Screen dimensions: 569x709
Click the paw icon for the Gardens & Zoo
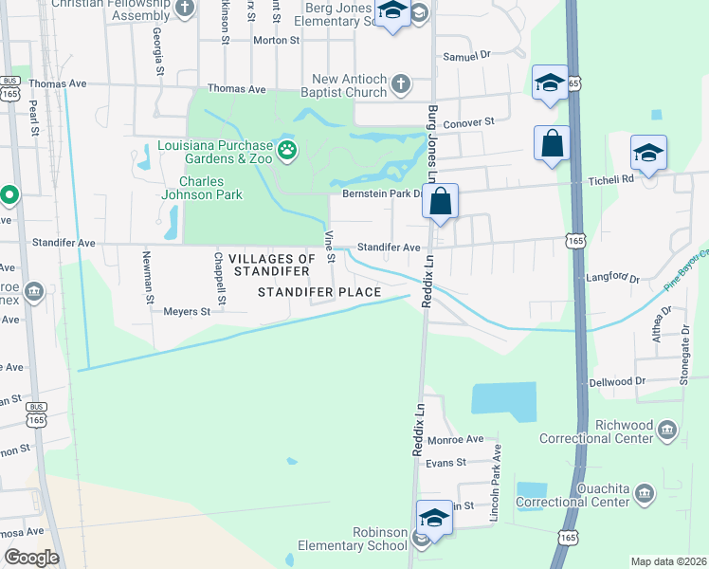pyautogui.click(x=286, y=149)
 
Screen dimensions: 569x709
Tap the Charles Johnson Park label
pyautogui.click(x=211, y=188)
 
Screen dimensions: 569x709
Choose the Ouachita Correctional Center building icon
pyautogui.click(x=644, y=494)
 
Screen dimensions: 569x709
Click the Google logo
pyautogui.click(x=30, y=558)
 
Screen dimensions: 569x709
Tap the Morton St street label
pyautogui.click(x=276, y=41)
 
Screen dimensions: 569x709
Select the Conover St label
pyautogui.click(x=469, y=122)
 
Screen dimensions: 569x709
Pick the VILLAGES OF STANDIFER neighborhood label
pyautogui.click(x=259, y=265)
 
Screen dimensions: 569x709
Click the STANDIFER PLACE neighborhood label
pyautogui.click(x=320, y=292)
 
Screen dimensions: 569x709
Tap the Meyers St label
pyautogui.click(x=186, y=311)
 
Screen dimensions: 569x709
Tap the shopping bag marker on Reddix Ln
pyautogui.click(x=441, y=201)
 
